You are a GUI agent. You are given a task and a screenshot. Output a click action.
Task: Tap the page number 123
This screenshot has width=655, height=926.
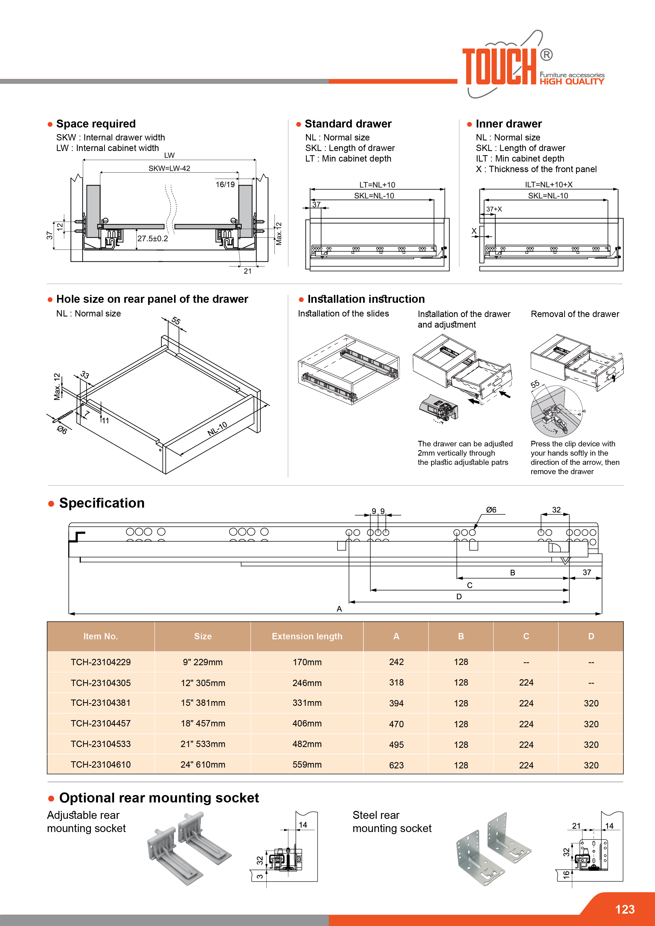tap(625, 909)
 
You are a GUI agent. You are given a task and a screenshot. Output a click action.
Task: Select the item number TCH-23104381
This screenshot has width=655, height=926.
tap(100, 703)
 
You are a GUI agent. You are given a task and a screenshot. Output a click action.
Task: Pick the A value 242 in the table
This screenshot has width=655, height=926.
tap(396, 662)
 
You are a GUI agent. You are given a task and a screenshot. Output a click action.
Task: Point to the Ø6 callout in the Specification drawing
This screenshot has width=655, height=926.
tap(491, 510)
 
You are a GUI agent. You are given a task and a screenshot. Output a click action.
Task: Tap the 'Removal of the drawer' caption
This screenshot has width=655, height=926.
tap(575, 314)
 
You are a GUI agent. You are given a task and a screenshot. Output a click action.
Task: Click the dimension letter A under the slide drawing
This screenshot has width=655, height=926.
tap(339, 609)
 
